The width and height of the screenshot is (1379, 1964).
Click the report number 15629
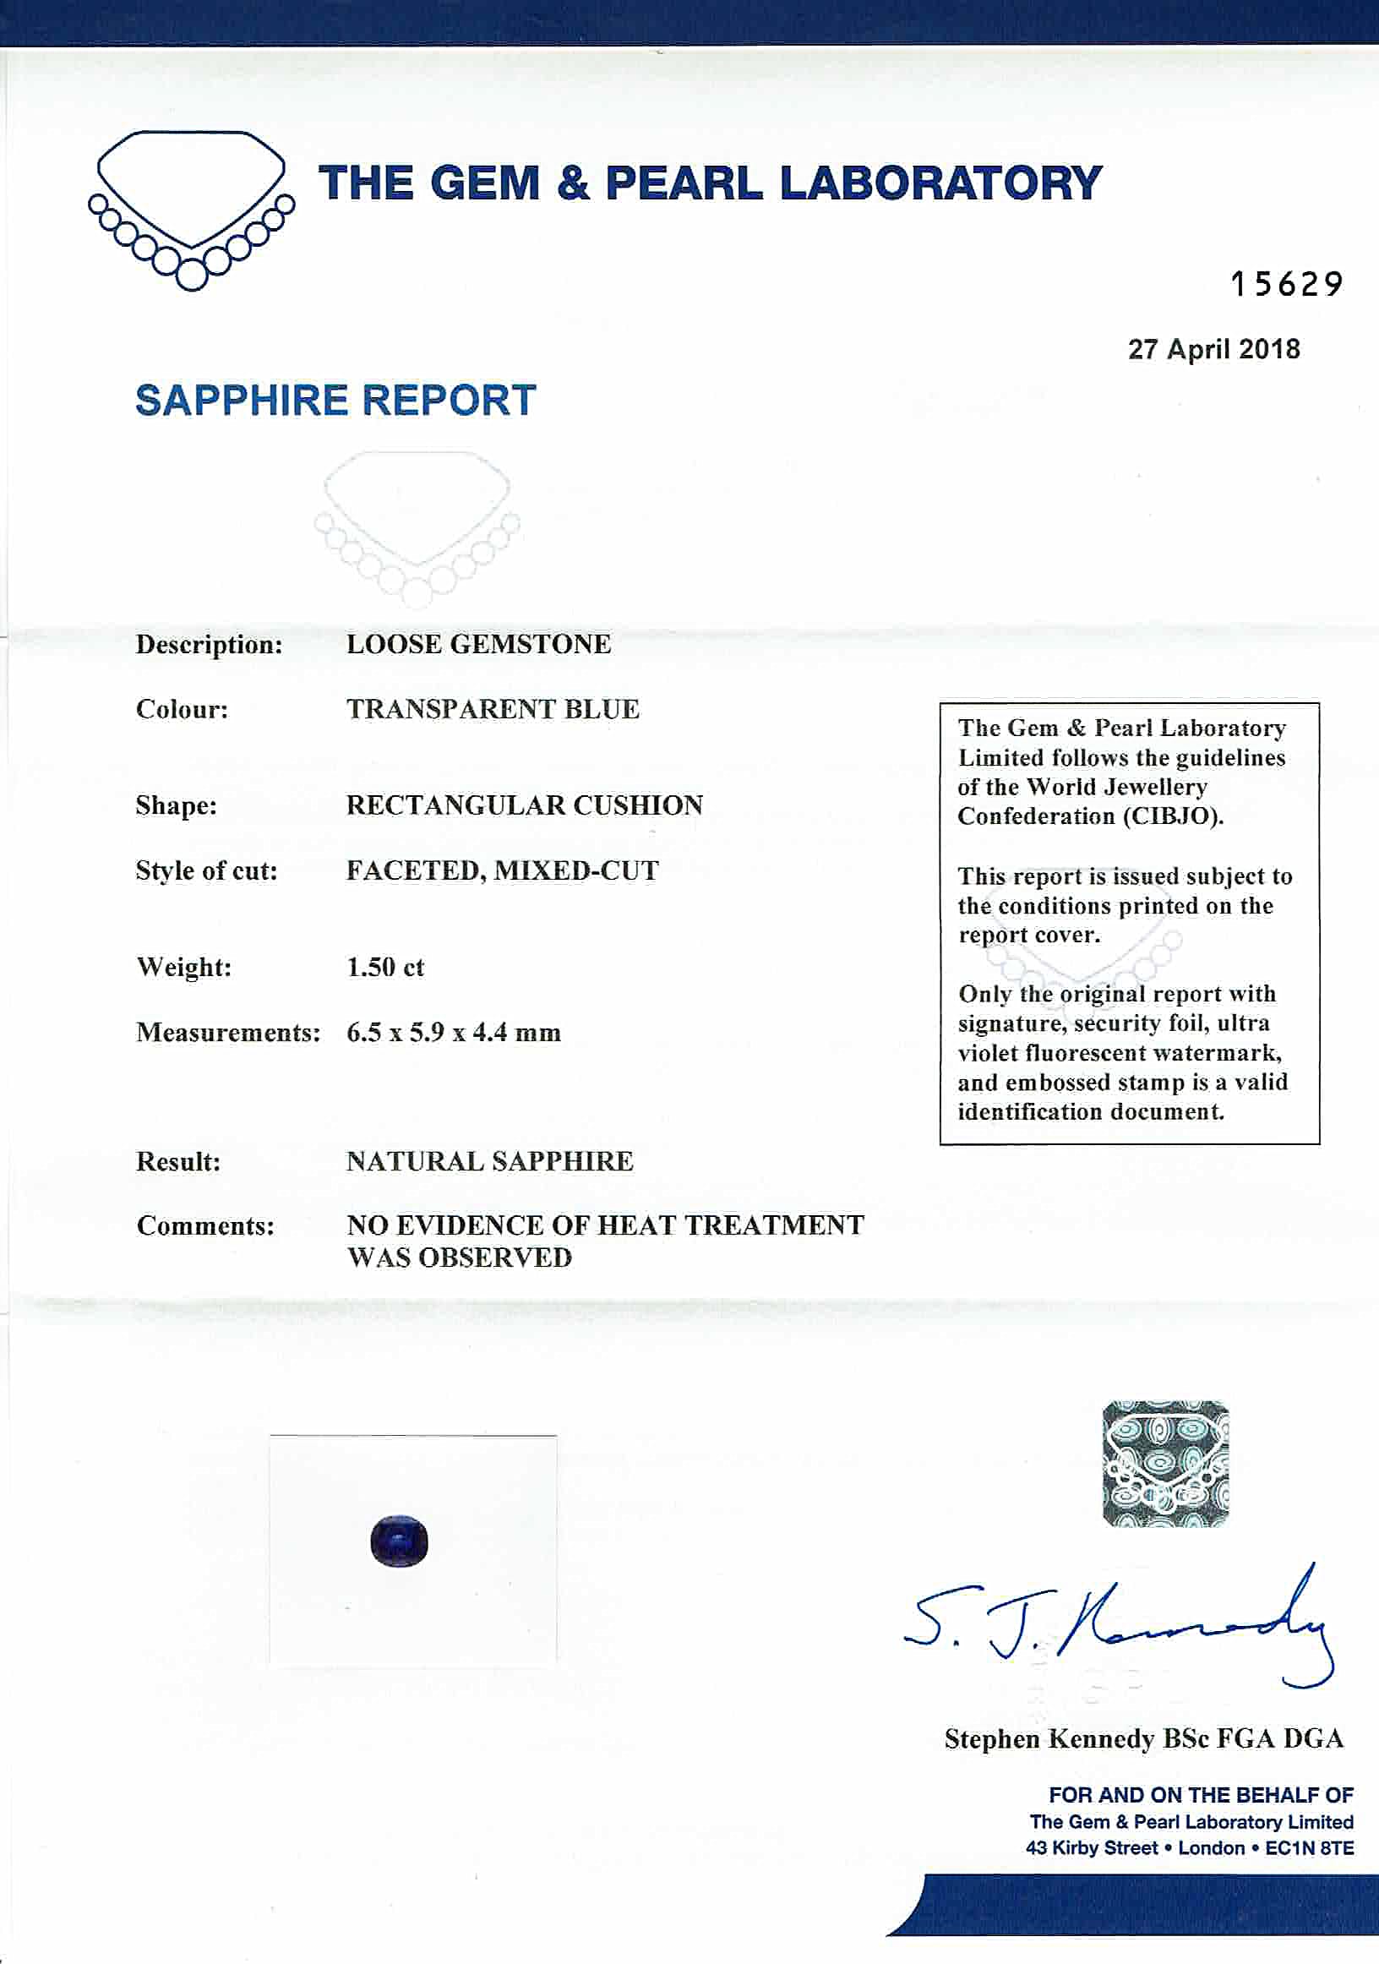1286,284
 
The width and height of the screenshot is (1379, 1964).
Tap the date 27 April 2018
1213,349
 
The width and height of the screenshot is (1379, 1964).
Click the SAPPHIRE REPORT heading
335,401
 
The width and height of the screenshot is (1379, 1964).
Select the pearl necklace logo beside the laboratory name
191,210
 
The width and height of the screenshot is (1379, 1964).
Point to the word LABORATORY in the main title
940,183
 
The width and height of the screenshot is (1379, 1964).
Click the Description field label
209,644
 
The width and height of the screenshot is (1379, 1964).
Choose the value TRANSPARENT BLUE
493,709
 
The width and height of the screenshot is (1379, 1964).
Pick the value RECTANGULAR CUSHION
525,805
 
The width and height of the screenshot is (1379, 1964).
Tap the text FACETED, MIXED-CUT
502,870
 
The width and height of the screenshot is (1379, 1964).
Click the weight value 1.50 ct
385,968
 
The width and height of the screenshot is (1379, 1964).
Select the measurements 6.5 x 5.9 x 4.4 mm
454,1033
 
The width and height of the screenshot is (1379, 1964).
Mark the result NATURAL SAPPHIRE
489,1162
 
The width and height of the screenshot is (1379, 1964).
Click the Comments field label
205,1225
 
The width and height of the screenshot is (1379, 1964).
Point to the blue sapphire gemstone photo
400,1541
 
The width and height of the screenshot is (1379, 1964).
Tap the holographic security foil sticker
1165,1464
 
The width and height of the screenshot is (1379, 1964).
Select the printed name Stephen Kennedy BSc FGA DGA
1144,1739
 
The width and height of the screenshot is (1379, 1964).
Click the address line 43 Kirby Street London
1189,1847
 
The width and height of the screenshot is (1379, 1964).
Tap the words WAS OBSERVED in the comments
460,1258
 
